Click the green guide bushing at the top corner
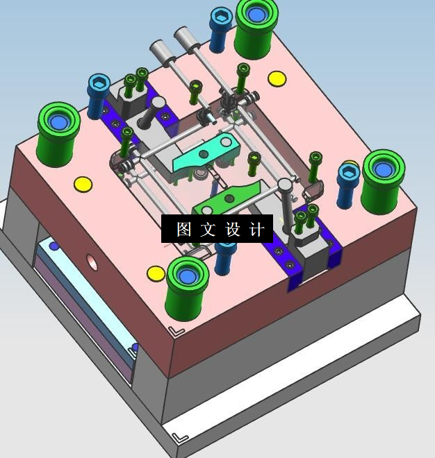tap(256, 28)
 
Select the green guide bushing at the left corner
tap(58, 135)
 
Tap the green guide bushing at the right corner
tap(383, 182)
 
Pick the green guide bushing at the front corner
tap(187, 289)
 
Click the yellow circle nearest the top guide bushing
tap(277, 78)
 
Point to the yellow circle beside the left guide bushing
tap(83, 185)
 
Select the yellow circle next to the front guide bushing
tap(156, 273)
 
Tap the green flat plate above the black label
tap(227, 198)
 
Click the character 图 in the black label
tap(184, 229)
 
